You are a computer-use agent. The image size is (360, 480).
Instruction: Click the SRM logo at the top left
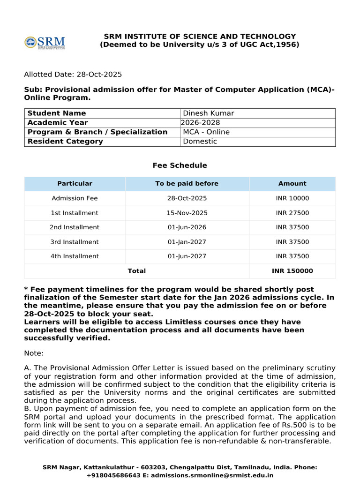45,42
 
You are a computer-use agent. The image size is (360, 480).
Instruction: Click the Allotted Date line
73,75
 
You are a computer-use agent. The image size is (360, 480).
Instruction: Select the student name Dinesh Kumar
208,113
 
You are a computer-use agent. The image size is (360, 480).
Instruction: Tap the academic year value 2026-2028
200,123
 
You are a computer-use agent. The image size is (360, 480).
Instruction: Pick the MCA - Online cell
206,132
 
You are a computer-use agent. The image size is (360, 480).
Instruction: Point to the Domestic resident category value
200,142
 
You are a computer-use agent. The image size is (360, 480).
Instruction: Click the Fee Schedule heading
180,165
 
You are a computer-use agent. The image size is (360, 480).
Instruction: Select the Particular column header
75,184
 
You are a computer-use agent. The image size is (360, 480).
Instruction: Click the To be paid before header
187,184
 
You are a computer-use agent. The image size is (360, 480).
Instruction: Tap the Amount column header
292,184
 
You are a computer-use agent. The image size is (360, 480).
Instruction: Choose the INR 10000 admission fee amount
292,198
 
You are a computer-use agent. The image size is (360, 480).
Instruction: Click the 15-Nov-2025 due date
187,213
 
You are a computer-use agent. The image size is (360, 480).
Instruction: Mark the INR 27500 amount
292,213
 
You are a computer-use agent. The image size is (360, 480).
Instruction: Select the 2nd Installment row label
75,227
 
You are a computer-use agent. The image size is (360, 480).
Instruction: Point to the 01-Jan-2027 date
187,242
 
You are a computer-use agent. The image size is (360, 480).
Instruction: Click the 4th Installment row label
75,256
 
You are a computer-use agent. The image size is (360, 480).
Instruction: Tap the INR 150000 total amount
292,271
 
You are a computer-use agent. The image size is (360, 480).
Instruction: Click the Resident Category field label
65,142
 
